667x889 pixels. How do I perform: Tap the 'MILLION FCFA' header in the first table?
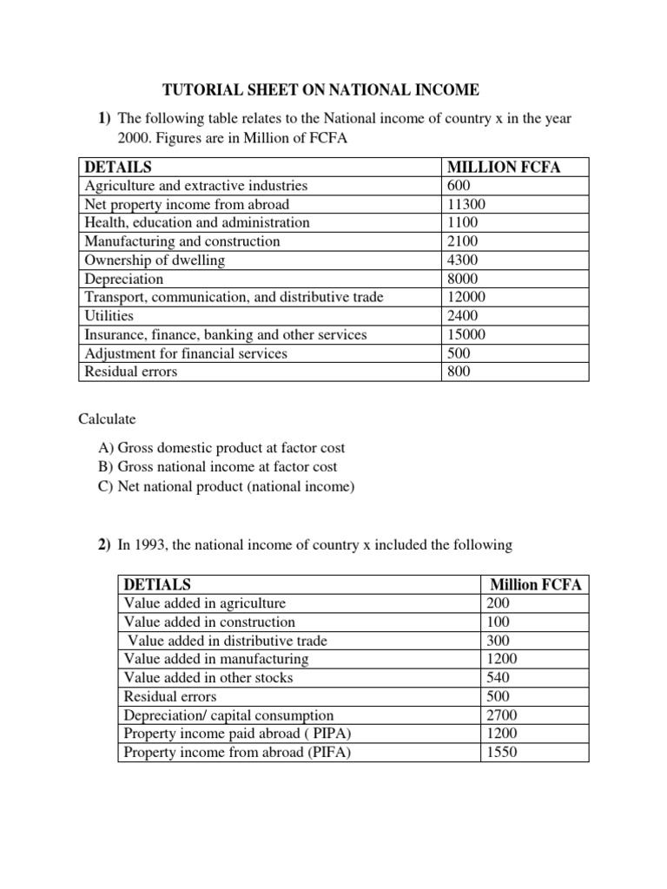(x=503, y=167)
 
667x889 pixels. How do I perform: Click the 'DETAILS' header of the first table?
(x=118, y=167)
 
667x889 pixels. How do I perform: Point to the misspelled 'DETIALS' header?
(x=157, y=584)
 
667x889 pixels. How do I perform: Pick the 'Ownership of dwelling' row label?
(x=155, y=260)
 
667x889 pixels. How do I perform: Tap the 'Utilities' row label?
(x=109, y=316)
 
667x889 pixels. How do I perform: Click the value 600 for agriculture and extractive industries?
(x=459, y=186)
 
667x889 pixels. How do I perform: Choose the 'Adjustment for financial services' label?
(x=185, y=353)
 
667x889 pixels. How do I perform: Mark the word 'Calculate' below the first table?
(x=108, y=419)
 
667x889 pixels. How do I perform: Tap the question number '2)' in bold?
(x=104, y=545)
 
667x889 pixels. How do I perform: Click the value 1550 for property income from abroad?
(x=502, y=753)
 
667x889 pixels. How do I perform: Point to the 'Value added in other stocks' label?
(x=208, y=677)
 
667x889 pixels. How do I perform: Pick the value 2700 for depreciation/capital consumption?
(x=502, y=715)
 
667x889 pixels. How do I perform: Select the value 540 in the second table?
(x=499, y=677)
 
